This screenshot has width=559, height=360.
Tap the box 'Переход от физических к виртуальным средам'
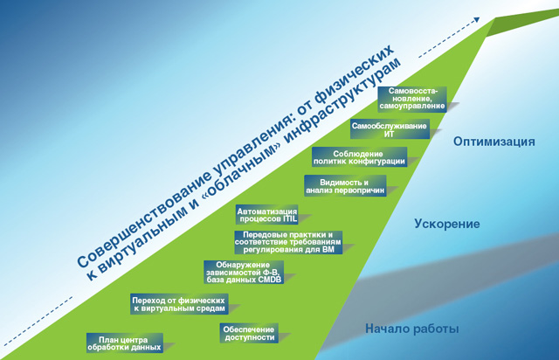click(x=178, y=303)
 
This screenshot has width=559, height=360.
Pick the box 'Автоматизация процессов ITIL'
click(x=267, y=215)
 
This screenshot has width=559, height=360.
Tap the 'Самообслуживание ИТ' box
click(x=389, y=129)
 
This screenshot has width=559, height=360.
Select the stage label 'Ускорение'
click(x=446, y=224)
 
